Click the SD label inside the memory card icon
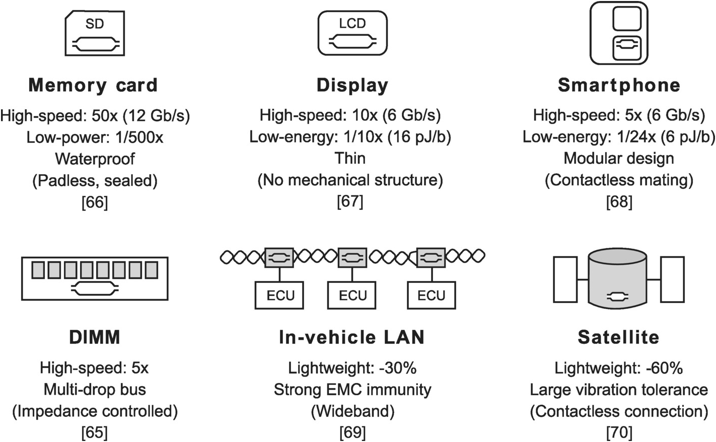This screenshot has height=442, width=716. click(95, 24)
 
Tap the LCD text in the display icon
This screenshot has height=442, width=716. click(352, 23)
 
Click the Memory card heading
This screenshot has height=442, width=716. click(93, 85)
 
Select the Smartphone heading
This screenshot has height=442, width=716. click(619, 85)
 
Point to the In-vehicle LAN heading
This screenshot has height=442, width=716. click(352, 337)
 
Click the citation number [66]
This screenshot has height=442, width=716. click(95, 202)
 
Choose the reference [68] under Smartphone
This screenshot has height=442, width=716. click(619, 201)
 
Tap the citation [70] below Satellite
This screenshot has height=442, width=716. click(619, 432)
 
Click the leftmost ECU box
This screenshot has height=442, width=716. click(279, 295)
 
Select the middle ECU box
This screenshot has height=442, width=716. click(352, 295)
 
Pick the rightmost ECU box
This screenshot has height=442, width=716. click(432, 295)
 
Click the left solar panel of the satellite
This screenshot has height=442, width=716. click(565, 279)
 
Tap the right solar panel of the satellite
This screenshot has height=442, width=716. click(672, 279)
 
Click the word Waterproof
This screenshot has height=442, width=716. click(95, 159)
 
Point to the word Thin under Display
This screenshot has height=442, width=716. click(350, 159)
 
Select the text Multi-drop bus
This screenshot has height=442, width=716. click(95, 389)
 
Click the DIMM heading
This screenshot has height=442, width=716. click(95, 337)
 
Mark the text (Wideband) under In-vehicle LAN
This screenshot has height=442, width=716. click(352, 411)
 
